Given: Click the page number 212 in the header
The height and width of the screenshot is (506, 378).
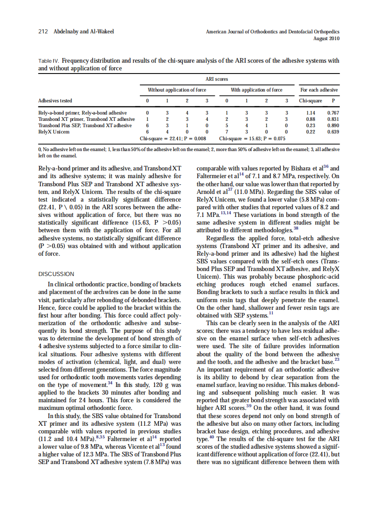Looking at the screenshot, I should click(43, 32).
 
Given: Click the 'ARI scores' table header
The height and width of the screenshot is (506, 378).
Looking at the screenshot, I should click(221, 79).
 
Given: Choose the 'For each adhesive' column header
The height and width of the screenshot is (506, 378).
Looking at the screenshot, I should click(318, 90).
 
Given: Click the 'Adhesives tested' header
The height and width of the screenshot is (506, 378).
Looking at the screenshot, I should click(55, 101).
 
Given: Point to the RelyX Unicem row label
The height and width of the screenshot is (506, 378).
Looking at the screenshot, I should click(54, 132).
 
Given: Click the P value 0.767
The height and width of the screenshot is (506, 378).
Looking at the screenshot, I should click(333, 113).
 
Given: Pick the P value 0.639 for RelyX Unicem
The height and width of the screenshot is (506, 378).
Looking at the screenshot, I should click(333, 132).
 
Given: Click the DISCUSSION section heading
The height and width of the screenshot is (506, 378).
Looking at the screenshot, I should click(56, 274).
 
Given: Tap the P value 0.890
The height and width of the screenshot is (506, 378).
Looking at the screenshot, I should click(333, 125).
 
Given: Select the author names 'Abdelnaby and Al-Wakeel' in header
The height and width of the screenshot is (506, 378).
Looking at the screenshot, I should click(83, 32).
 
